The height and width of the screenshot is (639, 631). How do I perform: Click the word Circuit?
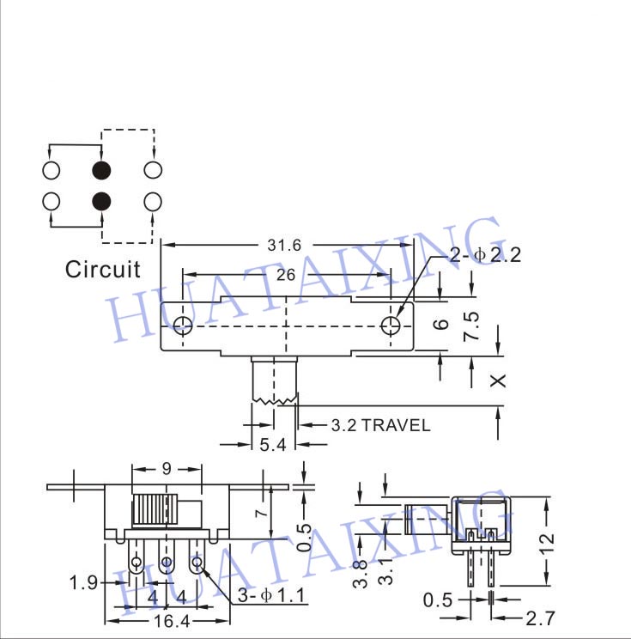click(x=103, y=270)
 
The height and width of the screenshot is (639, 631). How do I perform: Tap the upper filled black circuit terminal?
click(x=101, y=170)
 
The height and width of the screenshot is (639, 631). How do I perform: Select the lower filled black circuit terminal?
click(x=101, y=201)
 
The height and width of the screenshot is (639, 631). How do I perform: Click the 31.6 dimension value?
click(x=284, y=246)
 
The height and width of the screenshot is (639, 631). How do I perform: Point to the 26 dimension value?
click(x=286, y=275)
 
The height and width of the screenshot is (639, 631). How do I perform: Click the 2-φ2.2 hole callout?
click(x=485, y=255)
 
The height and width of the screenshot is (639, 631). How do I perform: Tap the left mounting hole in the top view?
click(x=183, y=326)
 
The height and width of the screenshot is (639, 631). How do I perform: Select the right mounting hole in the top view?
click(x=391, y=326)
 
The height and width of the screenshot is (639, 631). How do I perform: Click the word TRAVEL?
click(x=396, y=425)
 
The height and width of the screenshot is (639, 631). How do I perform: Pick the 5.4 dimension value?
click(x=272, y=445)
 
